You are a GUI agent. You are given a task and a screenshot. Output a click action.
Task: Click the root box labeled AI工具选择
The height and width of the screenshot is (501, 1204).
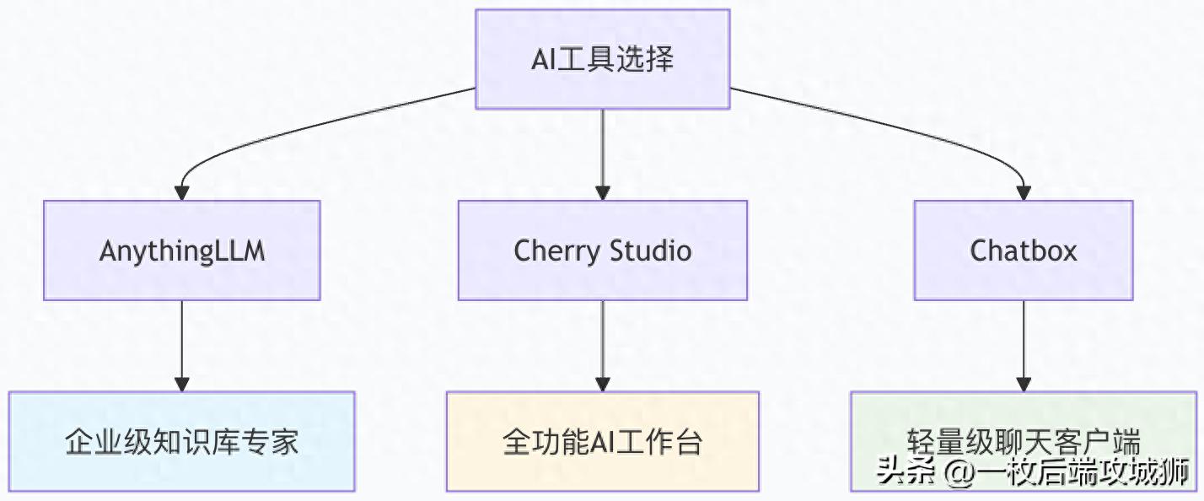[x=602, y=59]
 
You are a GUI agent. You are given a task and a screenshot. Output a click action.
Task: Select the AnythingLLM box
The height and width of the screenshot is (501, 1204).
[x=181, y=250]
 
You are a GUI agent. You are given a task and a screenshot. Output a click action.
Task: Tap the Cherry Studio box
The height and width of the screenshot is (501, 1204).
[x=602, y=250]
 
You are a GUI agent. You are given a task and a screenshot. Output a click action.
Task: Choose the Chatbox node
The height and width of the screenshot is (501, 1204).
[x=1024, y=250]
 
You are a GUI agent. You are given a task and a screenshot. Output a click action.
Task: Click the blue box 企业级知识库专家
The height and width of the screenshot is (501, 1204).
[x=181, y=441]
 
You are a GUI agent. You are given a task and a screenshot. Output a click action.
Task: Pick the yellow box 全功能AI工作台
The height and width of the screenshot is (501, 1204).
[x=602, y=441]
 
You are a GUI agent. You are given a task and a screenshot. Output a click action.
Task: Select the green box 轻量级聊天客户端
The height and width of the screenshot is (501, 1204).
[x=1024, y=430]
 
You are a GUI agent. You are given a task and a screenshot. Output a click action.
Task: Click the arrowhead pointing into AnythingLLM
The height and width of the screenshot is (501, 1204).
[x=181, y=193]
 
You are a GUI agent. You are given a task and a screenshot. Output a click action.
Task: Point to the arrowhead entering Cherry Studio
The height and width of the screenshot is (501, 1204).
[x=602, y=193]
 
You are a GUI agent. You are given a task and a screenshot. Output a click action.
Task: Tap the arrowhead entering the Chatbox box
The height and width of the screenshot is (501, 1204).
[x=1024, y=193]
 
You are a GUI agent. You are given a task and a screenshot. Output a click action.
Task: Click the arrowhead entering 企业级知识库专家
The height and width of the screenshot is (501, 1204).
[x=181, y=384]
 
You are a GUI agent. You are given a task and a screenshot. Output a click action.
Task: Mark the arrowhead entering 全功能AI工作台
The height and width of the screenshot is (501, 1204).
[x=602, y=384]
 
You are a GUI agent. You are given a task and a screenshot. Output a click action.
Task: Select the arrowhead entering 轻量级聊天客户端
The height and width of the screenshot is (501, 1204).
[x=1024, y=384]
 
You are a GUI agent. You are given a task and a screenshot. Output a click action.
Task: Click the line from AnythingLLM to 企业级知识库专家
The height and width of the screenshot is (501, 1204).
[x=181, y=337]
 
